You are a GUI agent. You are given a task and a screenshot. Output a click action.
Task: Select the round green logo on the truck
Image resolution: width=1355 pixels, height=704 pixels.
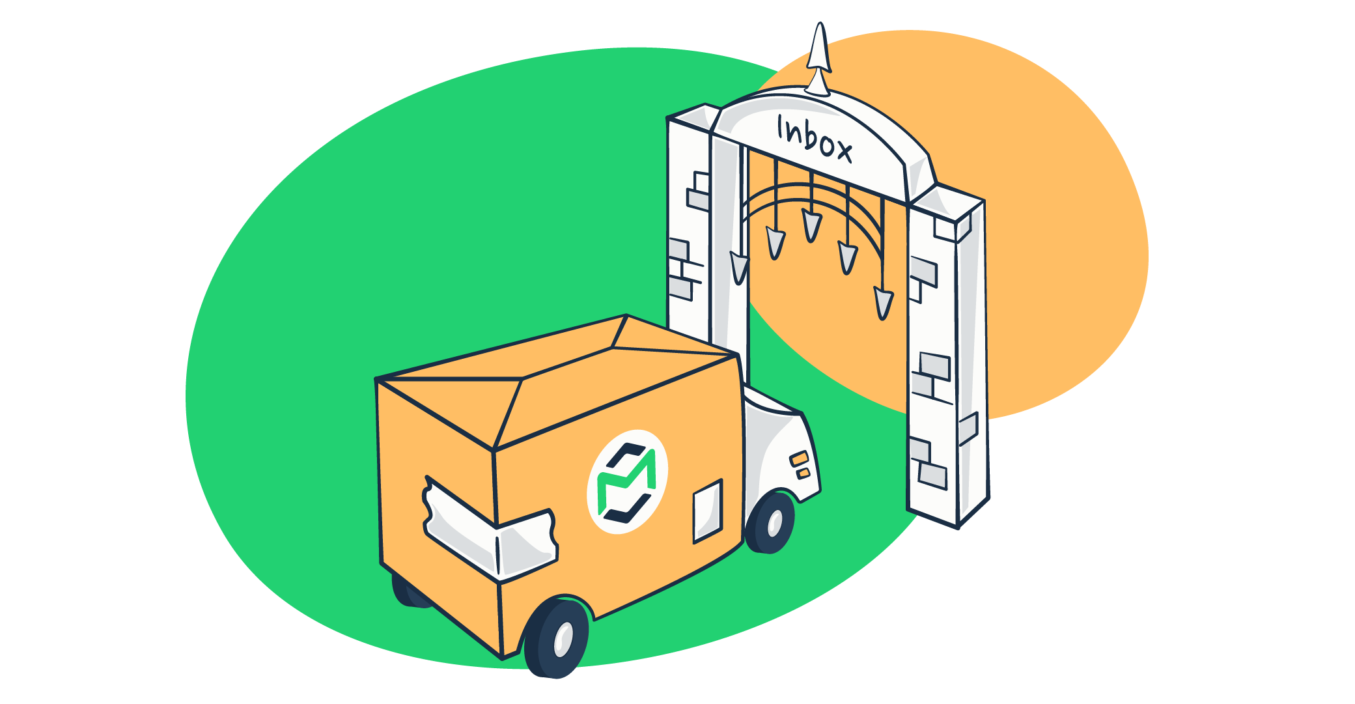click(x=627, y=482)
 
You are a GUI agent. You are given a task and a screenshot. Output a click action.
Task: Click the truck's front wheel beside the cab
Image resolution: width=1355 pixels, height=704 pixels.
click(x=771, y=523)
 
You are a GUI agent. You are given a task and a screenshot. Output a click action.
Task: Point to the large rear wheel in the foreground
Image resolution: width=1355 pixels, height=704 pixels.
click(x=559, y=638)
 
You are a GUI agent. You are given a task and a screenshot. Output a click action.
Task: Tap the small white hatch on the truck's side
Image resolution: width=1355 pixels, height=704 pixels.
click(x=708, y=511)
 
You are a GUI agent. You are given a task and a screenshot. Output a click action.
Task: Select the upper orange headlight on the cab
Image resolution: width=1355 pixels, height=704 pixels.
click(x=800, y=458)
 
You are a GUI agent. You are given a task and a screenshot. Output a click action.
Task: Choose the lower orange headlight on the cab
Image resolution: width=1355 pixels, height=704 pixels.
click(x=804, y=473)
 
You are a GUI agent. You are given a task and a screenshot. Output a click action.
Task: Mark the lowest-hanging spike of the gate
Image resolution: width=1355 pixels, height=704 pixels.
click(x=883, y=303)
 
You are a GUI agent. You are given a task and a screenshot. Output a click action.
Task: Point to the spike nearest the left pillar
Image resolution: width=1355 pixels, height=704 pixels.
click(x=739, y=267)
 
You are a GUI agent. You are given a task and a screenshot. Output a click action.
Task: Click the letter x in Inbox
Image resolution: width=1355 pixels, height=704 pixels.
click(x=843, y=152)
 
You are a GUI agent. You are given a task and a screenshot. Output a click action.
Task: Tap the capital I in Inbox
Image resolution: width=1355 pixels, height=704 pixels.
click(x=781, y=128)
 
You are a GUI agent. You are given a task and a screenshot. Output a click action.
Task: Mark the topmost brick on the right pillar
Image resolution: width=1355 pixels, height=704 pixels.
click(x=944, y=227)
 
